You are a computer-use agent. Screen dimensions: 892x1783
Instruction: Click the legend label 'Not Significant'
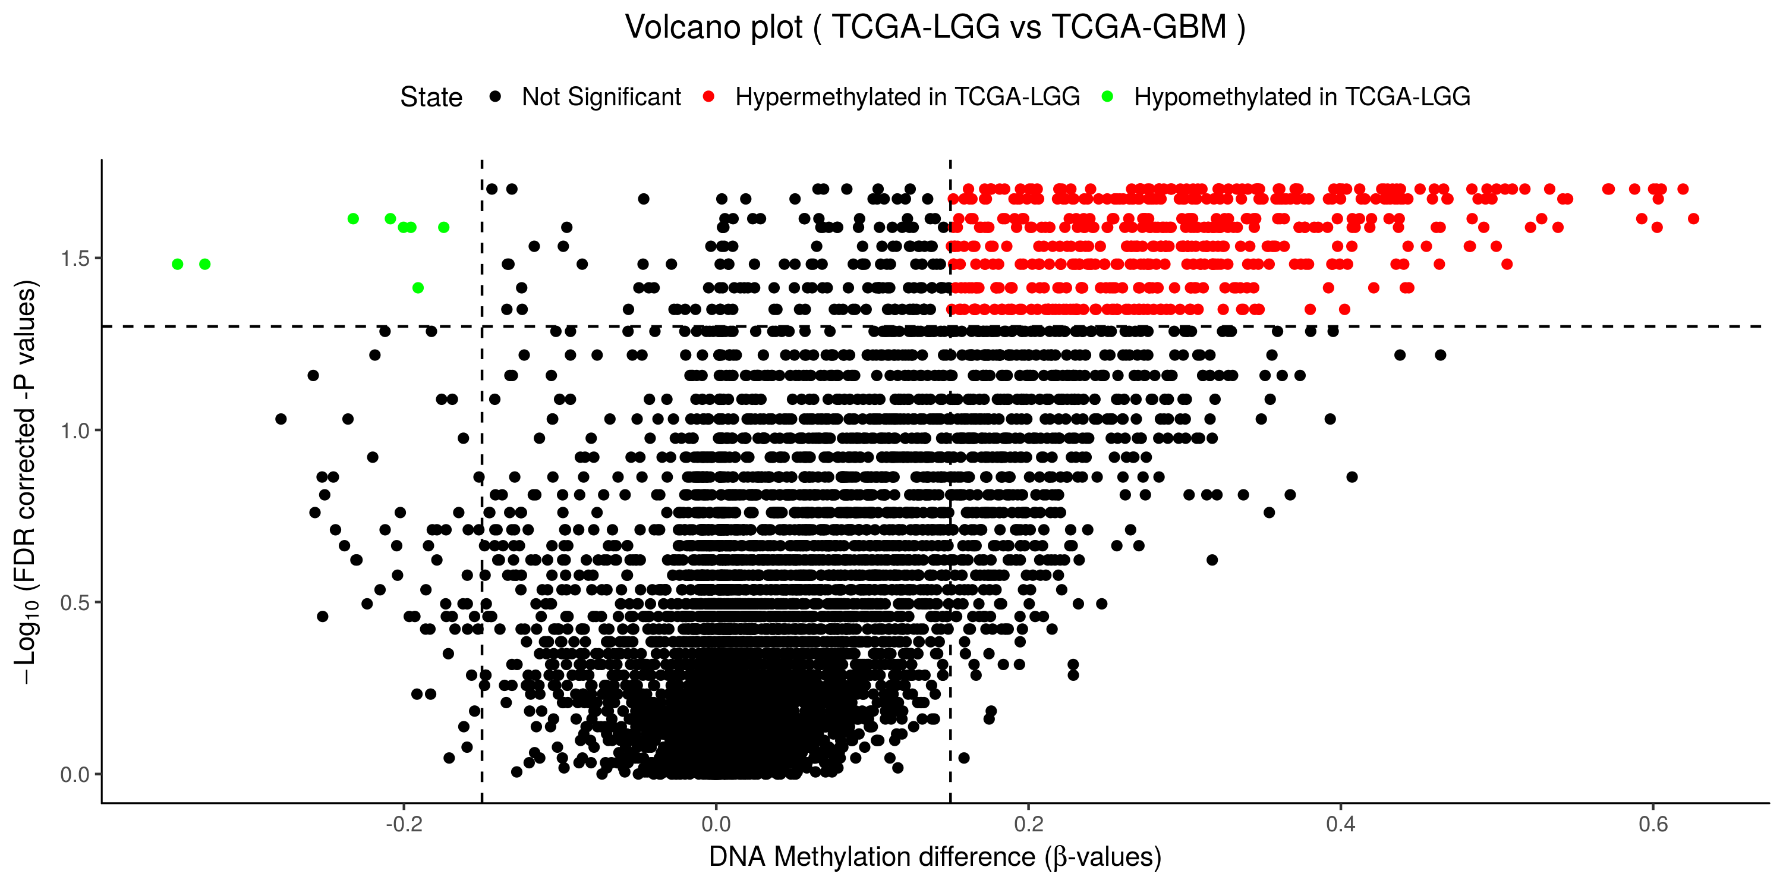(601, 97)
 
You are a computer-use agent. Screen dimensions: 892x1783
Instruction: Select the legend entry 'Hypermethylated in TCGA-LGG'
(907, 97)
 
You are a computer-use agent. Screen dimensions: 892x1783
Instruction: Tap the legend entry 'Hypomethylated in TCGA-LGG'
(1301, 97)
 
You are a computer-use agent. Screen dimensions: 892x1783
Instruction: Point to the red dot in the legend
(708, 96)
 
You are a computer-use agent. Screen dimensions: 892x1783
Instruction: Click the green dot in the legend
(1107, 96)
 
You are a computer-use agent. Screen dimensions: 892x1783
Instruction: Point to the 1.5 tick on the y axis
(75, 258)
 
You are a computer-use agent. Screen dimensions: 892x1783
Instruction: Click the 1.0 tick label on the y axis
(75, 431)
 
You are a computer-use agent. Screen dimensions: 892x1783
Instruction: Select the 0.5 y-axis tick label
(75, 602)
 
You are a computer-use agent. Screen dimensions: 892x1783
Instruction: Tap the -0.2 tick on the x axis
(404, 824)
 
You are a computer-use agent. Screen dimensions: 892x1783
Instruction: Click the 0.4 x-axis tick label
(1341, 824)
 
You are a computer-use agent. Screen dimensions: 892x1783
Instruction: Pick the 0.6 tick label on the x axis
(1653, 824)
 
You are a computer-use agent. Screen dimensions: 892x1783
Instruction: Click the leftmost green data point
(177, 264)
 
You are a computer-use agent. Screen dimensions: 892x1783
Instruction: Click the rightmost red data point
(1693, 219)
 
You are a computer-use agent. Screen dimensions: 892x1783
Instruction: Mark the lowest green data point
(417, 287)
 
